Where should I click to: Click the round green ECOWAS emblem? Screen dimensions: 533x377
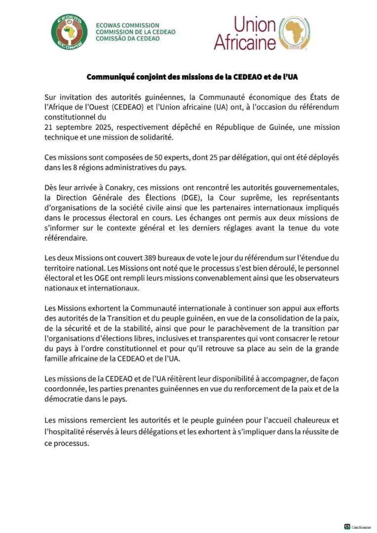click(69, 32)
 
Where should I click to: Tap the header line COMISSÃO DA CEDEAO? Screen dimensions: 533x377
click(128, 38)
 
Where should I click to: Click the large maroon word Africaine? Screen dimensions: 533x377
click(244, 42)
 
